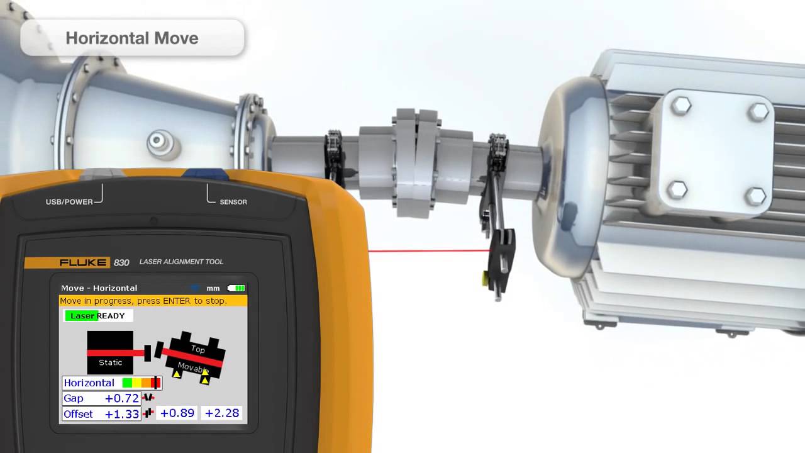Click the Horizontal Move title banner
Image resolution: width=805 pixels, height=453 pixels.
tap(132, 38)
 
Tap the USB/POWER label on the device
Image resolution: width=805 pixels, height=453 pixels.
tap(69, 202)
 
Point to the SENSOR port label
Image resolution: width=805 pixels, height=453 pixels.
tap(233, 202)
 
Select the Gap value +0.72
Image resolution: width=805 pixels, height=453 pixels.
tap(121, 398)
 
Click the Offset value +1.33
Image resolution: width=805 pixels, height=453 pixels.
tap(121, 414)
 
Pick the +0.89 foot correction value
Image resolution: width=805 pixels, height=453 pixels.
tap(177, 413)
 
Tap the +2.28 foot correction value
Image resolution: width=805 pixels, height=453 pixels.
tap(222, 413)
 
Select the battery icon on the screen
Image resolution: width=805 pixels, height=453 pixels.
tap(236, 288)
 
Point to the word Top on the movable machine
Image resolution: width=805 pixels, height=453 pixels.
tap(198, 349)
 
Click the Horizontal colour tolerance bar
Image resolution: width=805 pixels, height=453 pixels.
tap(142, 383)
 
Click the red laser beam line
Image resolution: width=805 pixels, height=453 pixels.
tap(428, 251)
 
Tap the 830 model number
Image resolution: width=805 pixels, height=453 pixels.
tap(121, 262)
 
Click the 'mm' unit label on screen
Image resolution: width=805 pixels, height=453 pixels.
tap(213, 288)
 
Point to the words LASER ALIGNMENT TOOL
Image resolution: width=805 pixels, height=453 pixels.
tap(181, 262)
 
